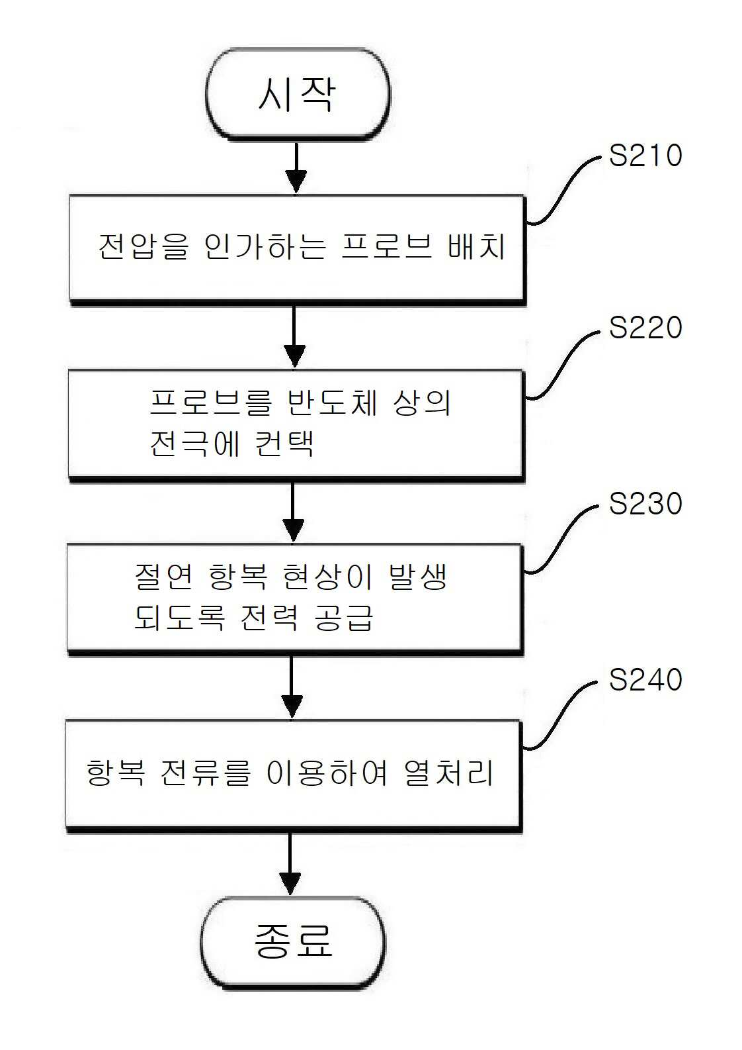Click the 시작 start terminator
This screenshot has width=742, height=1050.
coord(298,94)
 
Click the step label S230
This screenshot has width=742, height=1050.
coord(645,503)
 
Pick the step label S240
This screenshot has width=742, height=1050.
coord(645,680)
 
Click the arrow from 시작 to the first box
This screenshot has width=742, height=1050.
coord(296,167)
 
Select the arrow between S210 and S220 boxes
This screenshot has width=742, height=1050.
coord(294,336)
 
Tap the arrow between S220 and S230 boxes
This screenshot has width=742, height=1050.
coord(293,512)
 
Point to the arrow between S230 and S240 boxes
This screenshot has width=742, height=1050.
coord(292,687)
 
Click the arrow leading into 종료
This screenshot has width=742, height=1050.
coord(290,864)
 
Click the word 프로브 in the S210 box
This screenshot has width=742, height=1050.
coord(386,246)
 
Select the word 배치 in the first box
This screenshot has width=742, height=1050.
coord(477,246)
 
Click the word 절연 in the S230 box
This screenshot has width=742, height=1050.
coord(163,576)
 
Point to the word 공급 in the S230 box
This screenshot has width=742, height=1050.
coord(344,617)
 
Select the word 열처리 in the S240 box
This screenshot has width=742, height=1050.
coord(448,773)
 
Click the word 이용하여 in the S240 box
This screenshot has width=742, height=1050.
coord(327,773)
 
